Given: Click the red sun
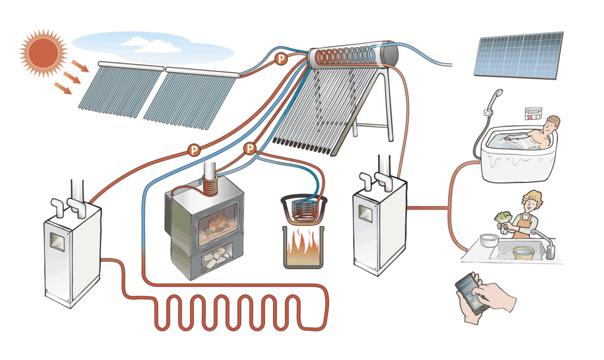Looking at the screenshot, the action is [43, 53].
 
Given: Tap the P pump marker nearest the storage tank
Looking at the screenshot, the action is [281, 59].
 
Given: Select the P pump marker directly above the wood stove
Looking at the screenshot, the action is [250, 148].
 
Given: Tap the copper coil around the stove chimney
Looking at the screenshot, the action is [210, 186].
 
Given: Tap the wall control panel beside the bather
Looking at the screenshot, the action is [533, 114].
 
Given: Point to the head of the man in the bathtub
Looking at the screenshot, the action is [552, 124].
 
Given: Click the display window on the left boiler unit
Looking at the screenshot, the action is [57, 241].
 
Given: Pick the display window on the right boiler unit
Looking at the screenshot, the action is [366, 213].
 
